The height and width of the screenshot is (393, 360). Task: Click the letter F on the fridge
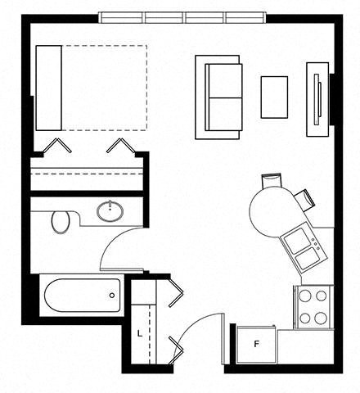coord(256,344)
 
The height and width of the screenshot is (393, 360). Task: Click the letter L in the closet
coord(140,333)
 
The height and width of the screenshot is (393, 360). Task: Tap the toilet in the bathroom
coord(61,222)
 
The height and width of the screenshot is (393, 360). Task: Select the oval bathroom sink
coord(110,210)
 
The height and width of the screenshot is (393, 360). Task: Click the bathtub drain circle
coord(112,295)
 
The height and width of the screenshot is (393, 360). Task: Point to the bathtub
coord(83,296)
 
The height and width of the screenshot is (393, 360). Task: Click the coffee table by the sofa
coord(274,97)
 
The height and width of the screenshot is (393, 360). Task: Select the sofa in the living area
coord(218,97)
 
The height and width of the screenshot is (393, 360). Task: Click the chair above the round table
coord(272,180)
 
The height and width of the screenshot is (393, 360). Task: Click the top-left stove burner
coord(305,296)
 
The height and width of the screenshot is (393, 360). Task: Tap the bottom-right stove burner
coord(321,318)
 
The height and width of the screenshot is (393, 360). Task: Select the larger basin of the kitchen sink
coord(297,241)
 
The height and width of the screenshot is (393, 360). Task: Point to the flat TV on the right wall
coord(318,99)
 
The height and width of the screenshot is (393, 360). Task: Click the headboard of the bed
coord(48,88)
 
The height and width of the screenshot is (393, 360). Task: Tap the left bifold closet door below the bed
coord(57,146)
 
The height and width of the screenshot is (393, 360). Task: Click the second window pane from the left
coord(165,18)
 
